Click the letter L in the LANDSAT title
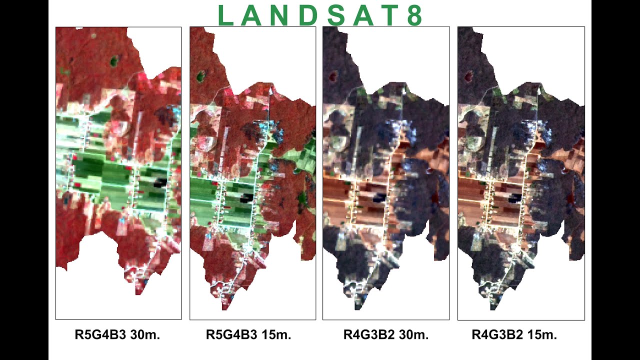[226, 16]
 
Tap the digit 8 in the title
[414, 16]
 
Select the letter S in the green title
[336, 16]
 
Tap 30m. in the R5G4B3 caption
[145, 334]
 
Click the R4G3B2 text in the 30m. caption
[368, 334]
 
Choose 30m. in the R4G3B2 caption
[413, 334]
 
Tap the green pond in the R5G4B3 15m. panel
[201, 76]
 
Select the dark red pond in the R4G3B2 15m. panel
[469, 76]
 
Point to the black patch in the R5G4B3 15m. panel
[244, 199]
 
